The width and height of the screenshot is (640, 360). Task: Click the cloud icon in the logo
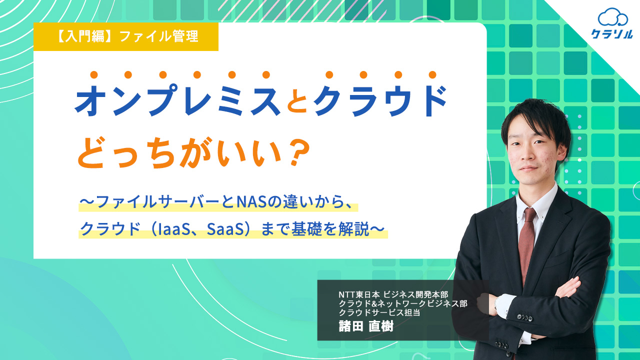pyautogui.click(x=612, y=17)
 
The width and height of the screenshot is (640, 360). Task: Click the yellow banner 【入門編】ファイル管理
pyautogui.click(x=126, y=37)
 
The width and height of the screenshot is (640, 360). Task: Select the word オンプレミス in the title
pyautogui.click(x=177, y=100)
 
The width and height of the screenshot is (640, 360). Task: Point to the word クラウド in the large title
pyautogui.click(x=380, y=100)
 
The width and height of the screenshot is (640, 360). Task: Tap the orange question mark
pyautogui.click(x=299, y=153)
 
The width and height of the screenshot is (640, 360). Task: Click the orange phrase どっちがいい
pyautogui.click(x=180, y=153)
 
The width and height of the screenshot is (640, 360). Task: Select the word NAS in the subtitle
pyautogui.click(x=251, y=201)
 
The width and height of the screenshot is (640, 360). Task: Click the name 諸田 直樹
pyautogui.click(x=366, y=325)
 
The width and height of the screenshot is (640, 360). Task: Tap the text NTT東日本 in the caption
pyautogui.click(x=359, y=294)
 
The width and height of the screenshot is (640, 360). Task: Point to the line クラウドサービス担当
pyautogui.click(x=379, y=312)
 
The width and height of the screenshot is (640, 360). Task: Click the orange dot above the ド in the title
pyautogui.click(x=432, y=75)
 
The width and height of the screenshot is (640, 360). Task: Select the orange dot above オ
pyautogui.click(x=94, y=75)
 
